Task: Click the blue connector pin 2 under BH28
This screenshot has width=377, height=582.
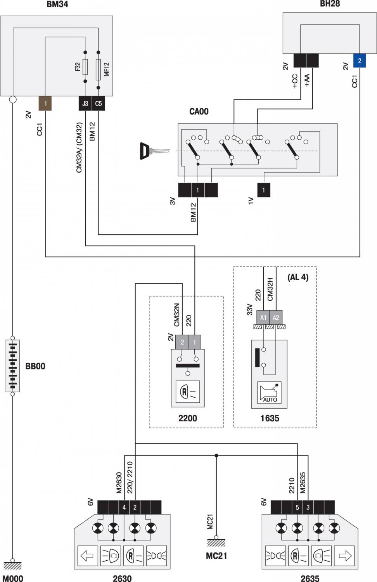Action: (360, 61)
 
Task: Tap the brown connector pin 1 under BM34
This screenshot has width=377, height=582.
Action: (45, 104)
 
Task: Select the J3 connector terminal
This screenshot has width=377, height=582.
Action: (85, 104)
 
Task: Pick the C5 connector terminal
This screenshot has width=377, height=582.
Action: (99, 104)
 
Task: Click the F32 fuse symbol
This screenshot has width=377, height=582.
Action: (85, 66)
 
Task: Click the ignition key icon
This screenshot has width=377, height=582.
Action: (154, 151)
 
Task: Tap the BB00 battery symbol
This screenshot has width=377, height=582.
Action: (13, 365)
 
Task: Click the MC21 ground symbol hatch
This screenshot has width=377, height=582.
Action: (216, 542)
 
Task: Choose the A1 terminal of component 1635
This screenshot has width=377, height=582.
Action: (263, 317)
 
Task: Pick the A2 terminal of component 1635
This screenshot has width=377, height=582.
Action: (276, 317)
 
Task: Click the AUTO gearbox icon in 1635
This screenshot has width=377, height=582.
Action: (270, 393)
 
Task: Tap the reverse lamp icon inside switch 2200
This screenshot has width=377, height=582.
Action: (188, 392)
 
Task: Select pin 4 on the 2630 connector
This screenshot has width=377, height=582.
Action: (124, 507)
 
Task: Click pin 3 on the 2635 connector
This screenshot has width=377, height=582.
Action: (308, 507)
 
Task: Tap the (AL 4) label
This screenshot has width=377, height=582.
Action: (298, 277)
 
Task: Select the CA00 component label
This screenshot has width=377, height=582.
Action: (199, 112)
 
